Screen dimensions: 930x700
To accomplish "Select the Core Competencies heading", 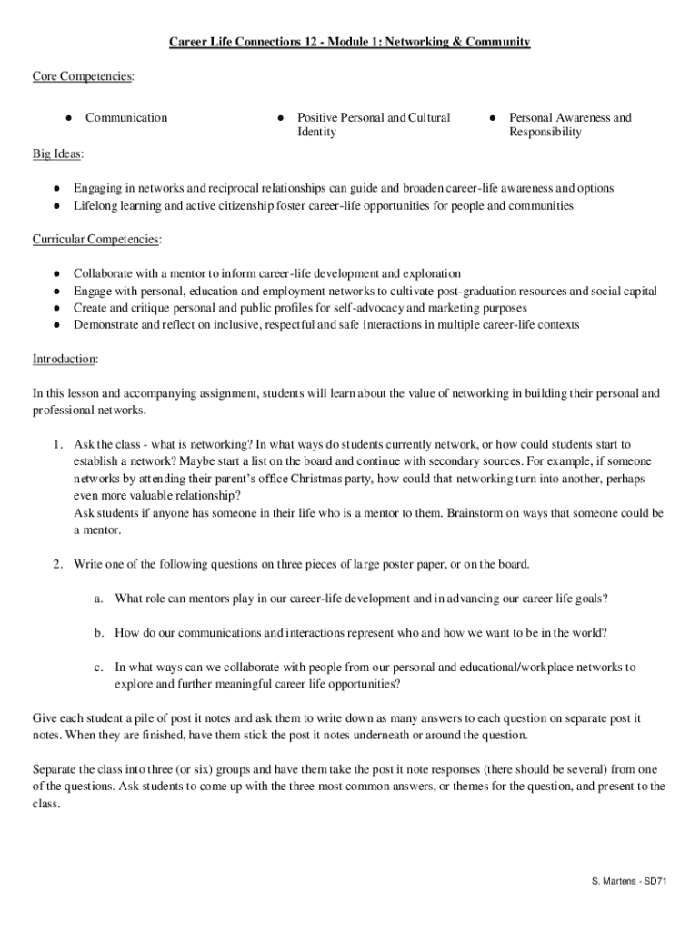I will pos(83,78).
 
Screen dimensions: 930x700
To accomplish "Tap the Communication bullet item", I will pos(126,117).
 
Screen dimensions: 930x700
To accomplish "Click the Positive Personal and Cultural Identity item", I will pos(374,124).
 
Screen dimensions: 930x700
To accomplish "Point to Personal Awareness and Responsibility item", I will pos(569,124).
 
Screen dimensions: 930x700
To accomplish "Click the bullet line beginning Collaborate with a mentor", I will pos(266,273).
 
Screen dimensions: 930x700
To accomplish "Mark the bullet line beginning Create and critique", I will pos(300,308).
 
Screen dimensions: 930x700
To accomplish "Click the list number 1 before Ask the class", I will pos(56,444).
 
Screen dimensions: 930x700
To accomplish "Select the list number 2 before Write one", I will pos(56,564).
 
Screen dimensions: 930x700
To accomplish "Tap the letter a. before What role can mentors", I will pos(97,599).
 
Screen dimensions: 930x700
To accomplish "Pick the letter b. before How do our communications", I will pos(97,632).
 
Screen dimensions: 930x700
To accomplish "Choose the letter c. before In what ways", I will pos(97,667).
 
